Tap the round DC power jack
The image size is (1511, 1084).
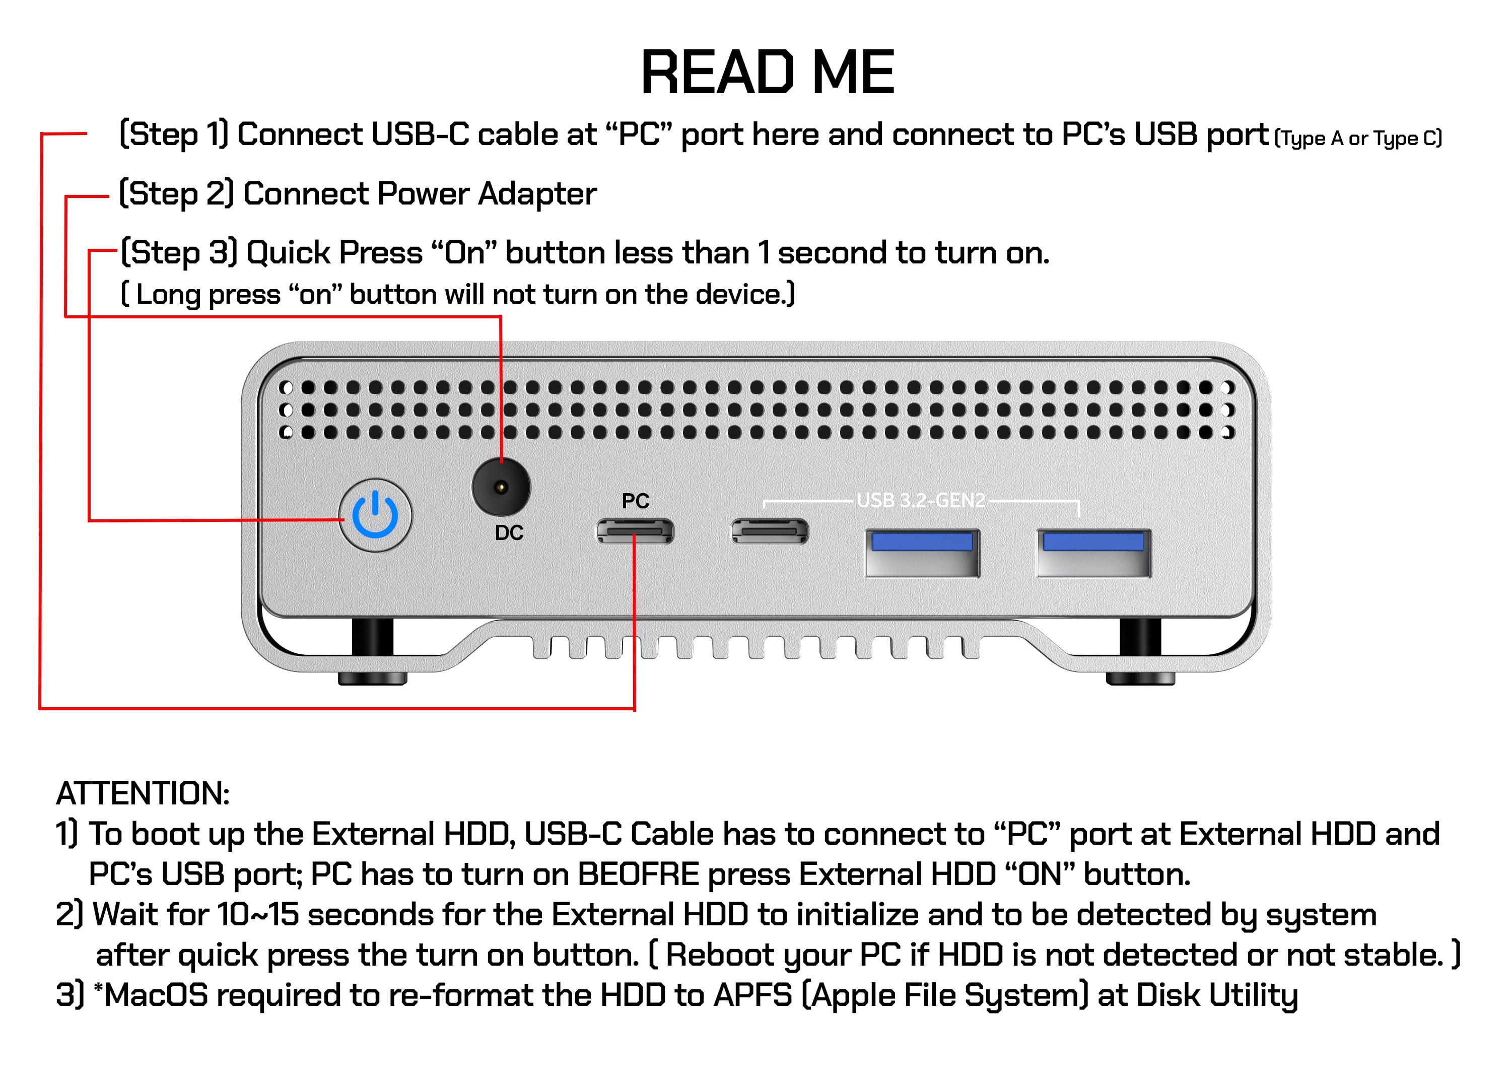(x=501, y=487)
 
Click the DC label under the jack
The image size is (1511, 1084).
(x=509, y=533)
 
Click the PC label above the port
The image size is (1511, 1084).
(x=635, y=501)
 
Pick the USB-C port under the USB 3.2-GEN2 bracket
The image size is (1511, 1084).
(x=770, y=531)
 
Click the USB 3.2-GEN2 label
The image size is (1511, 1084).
(x=921, y=500)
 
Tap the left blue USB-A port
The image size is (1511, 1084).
(x=922, y=553)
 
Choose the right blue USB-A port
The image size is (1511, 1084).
(x=1093, y=553)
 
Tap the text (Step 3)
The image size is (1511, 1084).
(x=178, y=253)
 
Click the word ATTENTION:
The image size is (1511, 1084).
(x=143, y=793)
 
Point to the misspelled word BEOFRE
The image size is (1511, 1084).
(x=638, y=874)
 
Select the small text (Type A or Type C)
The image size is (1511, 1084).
(x=1358, y=139)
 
